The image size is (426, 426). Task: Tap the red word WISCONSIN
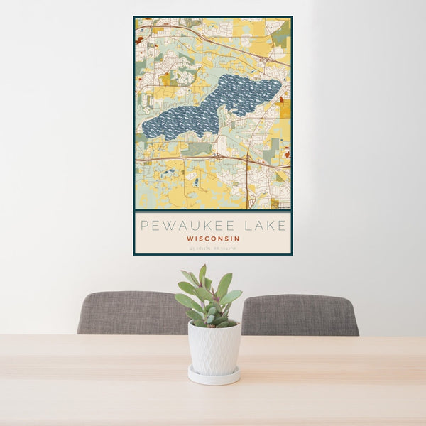213,239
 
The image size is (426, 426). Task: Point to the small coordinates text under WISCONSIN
213,248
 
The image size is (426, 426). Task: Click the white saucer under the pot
214,377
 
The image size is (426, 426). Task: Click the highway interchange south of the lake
248,159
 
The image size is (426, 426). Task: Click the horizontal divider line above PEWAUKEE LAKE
213,211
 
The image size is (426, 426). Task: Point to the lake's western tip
145,130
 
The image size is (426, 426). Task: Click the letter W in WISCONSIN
190,239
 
